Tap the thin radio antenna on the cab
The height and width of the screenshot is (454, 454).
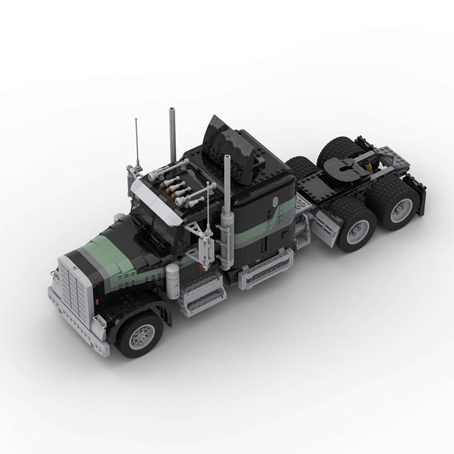137,142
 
